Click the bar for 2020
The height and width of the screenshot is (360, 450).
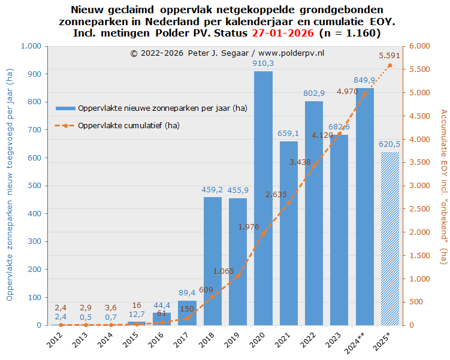point(263,198)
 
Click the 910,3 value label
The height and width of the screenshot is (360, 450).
point(263,63)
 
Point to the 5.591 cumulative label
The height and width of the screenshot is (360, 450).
point(389,56)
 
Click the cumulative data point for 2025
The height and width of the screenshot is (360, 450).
point(389,65)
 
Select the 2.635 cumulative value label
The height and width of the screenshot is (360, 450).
point(276,177)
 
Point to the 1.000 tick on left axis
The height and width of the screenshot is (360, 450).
point(31,46)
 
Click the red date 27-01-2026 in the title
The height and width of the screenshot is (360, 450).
point(285,32)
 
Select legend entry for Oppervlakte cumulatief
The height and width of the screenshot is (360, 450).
point(129,125)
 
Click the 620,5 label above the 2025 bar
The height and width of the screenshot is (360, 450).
point(389,144)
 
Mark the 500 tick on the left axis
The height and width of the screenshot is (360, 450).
point(35,186)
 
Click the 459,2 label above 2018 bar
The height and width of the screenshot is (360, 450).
point(213,190)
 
